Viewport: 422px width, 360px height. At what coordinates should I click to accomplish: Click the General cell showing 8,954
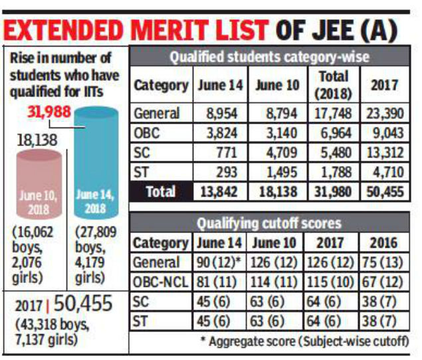[x=220, y=113]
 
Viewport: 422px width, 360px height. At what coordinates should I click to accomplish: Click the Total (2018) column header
[x=334, y=85]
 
